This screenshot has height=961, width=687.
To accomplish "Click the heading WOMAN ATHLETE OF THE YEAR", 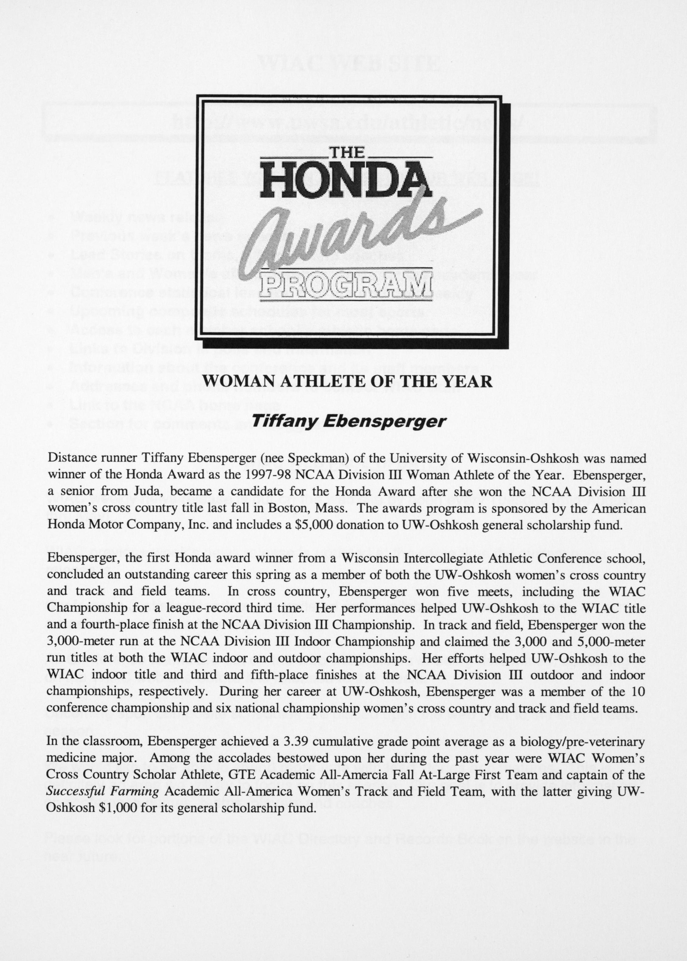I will click(x=347, y=381).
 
